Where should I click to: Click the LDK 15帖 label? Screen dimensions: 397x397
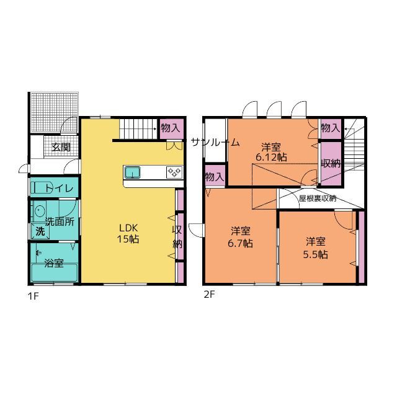click(128, 233)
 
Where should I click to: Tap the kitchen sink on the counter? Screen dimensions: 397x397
click(133, 172)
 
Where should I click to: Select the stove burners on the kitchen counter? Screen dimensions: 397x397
click(174, 172)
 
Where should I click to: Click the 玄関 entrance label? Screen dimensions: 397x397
click(61, 147)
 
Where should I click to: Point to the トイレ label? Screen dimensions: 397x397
click(60, 188)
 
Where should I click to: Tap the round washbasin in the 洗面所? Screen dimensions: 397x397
click(40, 211)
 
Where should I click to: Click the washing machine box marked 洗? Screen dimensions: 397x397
click(40, 231)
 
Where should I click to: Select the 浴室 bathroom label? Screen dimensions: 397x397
click(54, 263)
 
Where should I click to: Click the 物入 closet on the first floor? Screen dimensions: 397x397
click(172, 128)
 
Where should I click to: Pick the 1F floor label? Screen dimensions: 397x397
click(33, 296)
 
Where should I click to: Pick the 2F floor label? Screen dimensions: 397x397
click(209, 295)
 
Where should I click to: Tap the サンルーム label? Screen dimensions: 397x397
click(215, 143)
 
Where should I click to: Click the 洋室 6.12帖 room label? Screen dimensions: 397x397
click(271, 152)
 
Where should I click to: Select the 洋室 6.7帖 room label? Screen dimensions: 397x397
click(240, 237)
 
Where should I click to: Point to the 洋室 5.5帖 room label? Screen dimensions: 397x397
click(316, 248)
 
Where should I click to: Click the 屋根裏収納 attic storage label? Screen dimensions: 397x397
click(318, 198)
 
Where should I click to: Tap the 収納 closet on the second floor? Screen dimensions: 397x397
click(331, 164)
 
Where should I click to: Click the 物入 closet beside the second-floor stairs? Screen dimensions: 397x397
click(331, 128)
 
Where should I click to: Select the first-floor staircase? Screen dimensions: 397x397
click(138, 129)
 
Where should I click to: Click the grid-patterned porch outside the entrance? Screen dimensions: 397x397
click(54, 112)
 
